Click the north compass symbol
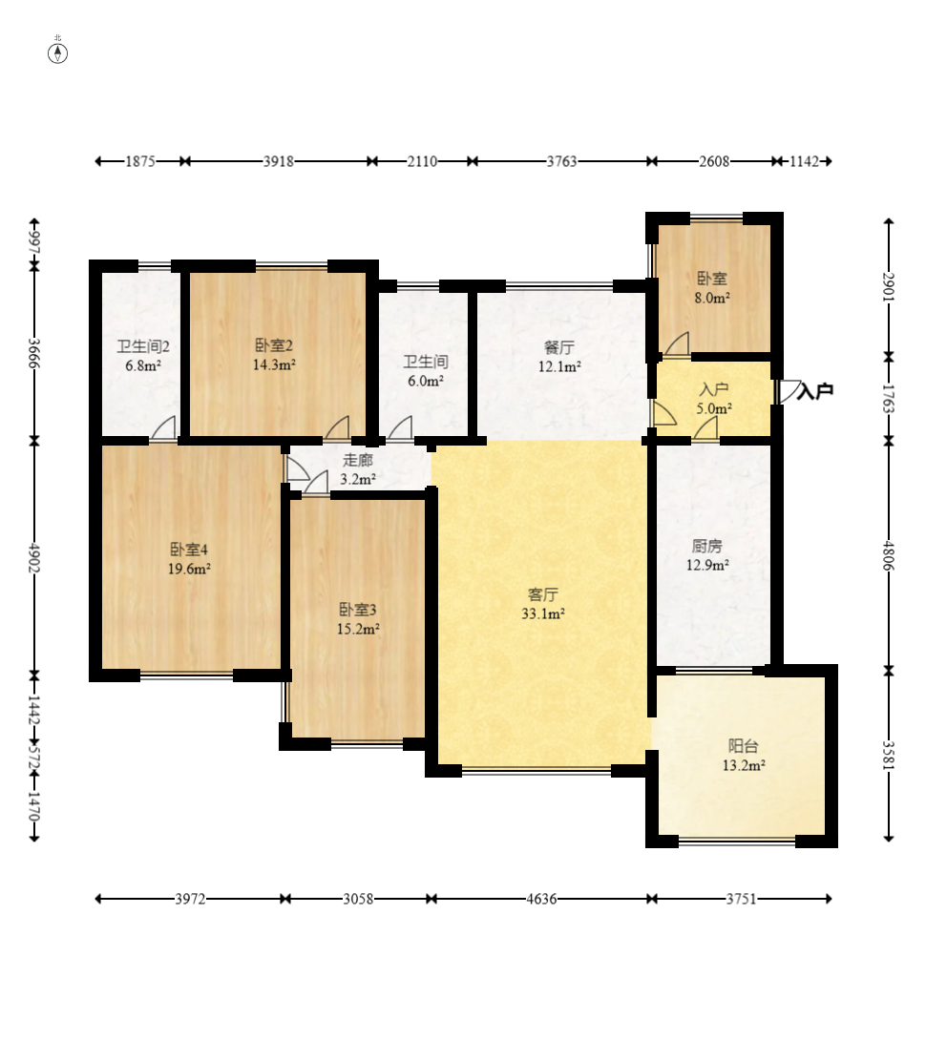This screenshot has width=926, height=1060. coord(58,52)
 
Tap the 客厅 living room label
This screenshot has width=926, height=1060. coord(542,595)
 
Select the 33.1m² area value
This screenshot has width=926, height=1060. coord(542,613)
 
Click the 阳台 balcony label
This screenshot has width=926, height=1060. coord(743,746)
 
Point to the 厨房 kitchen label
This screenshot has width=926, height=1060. coord(706,547)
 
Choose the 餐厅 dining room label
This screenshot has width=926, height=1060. coord(559,347)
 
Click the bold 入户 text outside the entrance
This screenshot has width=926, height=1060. coord(815,391)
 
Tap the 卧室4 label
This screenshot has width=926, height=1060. coord(189,550)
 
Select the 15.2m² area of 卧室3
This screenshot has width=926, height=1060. coord(358,629)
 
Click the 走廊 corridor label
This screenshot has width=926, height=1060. coord(358,461)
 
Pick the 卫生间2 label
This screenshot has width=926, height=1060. coord(143,346)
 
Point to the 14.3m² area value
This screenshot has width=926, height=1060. coord(274,365)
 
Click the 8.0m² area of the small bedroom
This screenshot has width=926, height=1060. coord(712,298)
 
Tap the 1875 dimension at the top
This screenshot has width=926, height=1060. coord(140,161)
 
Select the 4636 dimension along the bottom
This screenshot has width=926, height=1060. coord(542,899)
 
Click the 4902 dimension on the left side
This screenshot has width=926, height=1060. coord(33,558)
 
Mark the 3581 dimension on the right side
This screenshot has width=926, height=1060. coord(889,755)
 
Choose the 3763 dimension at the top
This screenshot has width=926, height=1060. coord(562,161)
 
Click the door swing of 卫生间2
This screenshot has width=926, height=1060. coord(163,428)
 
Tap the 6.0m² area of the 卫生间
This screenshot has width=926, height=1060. coord(426,381)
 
